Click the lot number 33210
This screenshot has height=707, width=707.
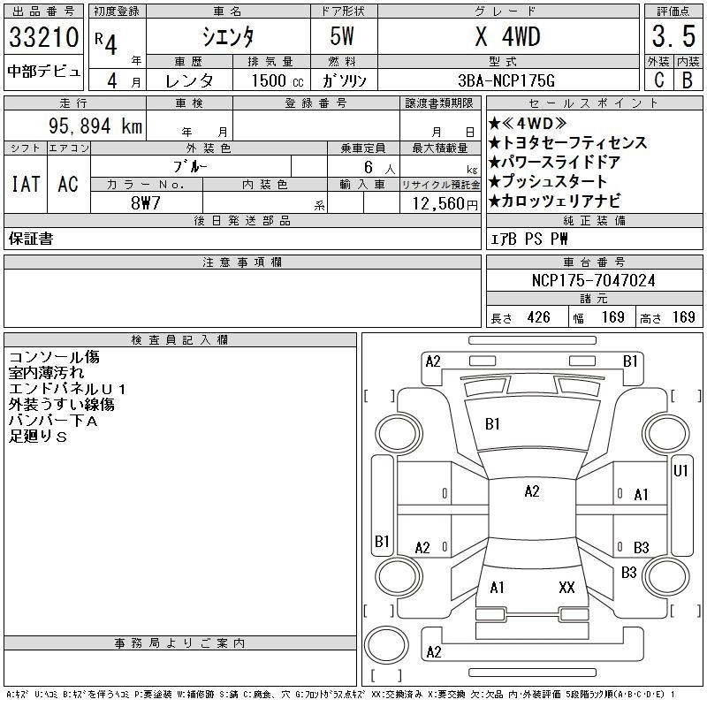point(43,37)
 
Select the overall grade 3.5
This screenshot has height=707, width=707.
point(673,36)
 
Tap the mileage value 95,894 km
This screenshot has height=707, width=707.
point(95,125)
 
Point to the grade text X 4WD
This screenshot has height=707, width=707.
point(507,36)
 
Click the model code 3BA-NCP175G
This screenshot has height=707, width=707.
point(506,80)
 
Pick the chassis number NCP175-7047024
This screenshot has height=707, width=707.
point(593,280)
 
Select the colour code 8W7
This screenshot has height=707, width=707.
point(145,203)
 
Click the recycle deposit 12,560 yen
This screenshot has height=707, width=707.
point(445,203)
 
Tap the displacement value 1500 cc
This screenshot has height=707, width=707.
point(277,80)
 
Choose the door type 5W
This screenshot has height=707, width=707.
point(342,36)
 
